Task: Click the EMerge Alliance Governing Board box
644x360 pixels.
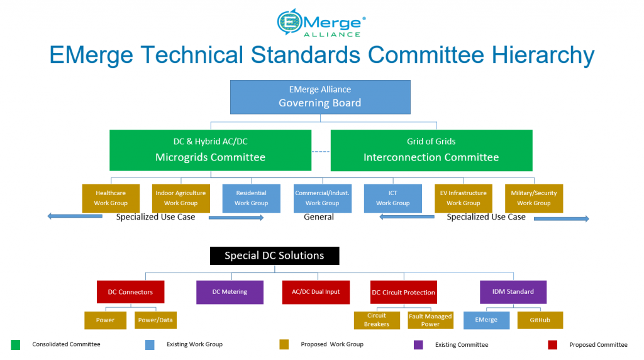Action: [320, 97]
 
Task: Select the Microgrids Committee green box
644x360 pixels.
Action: [210, 150]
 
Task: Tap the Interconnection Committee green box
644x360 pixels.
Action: [431, 150]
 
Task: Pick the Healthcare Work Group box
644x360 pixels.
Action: [111, 198]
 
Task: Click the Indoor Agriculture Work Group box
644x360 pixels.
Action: [180, 198]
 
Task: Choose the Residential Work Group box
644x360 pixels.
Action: [252, 198]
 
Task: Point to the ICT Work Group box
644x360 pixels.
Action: [392, 198]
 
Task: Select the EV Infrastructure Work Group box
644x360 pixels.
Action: [464, 198]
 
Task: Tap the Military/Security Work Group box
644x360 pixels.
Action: [534, 198]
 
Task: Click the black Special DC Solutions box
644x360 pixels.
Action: [274, 256]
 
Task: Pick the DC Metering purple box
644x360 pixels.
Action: [230, 292]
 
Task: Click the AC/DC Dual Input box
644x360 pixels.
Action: [316, 292]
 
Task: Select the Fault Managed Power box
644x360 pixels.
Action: [430, 320]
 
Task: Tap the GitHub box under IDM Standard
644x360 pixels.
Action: [540, 320]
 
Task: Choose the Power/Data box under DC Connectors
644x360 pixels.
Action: [156, 320]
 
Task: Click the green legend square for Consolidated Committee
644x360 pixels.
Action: [16, 345]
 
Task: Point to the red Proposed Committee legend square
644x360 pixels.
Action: [552, 345]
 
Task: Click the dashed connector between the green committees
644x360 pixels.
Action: [321, 152]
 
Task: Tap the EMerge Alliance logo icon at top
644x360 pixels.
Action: [289, 22]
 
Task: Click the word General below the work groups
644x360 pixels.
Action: [319, 217]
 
